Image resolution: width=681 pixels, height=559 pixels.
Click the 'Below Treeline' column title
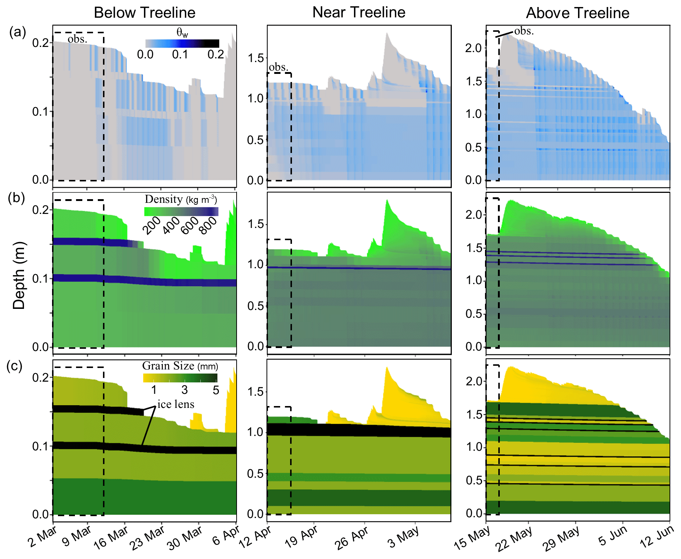(144, 13)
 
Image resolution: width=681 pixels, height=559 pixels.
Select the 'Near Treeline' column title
(359, 13)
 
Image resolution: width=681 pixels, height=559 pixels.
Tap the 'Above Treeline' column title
(577, 13)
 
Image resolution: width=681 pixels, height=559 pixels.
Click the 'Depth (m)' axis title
(19, 275)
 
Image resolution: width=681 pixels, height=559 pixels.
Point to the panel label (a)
(17, 32)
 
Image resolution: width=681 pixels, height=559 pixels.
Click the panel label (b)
(17, 198)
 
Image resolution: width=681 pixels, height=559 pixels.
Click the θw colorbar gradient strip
(182, 44)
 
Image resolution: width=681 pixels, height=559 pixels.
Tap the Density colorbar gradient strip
(181, 212)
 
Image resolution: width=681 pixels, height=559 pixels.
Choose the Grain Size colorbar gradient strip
(180, 378)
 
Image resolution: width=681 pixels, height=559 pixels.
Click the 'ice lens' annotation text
(176, 404)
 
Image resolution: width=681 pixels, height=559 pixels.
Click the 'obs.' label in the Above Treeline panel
(524, 31)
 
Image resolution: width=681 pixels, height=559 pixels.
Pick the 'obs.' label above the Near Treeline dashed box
(278, 67)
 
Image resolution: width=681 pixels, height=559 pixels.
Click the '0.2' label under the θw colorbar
(216, 55)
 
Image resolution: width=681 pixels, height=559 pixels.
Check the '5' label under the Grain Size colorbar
(216, 390)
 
